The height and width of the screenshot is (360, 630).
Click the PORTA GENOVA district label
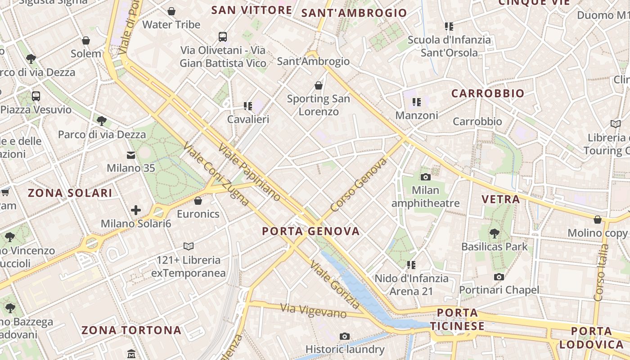click(x=311, y=231)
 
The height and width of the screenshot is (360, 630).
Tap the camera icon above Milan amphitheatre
click(x=425, y=177)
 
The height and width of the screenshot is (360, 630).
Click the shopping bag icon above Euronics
click(x=198, y=201)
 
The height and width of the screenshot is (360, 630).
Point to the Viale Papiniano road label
click(x=249, y=172)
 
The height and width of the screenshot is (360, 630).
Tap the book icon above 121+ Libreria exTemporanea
click(x=189, y=247)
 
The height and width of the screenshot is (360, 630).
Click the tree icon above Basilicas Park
click(x=494, y=233)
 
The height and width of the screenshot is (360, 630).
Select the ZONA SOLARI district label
click(x=70, y=193)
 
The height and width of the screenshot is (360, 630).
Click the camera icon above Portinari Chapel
click(x=499, y=277)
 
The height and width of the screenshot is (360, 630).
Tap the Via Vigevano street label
click(x=314, y=311)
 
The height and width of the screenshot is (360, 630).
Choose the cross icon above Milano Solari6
click(x=136, y=210)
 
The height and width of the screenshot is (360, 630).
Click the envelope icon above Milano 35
click(x=131, y=155)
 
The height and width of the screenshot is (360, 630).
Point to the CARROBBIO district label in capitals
click(x=488, y=94)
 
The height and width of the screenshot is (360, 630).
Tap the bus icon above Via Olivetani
click(x=223, y=36)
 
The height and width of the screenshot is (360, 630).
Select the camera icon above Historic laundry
click(x=345, y=336)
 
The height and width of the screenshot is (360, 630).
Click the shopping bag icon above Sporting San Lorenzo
click(x=319, y=85)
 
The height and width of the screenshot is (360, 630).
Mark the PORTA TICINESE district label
click(x=457, y=319)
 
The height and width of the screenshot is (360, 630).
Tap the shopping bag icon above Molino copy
click(x=598, y=220)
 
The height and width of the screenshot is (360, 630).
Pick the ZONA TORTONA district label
click(x=131, y=330)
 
